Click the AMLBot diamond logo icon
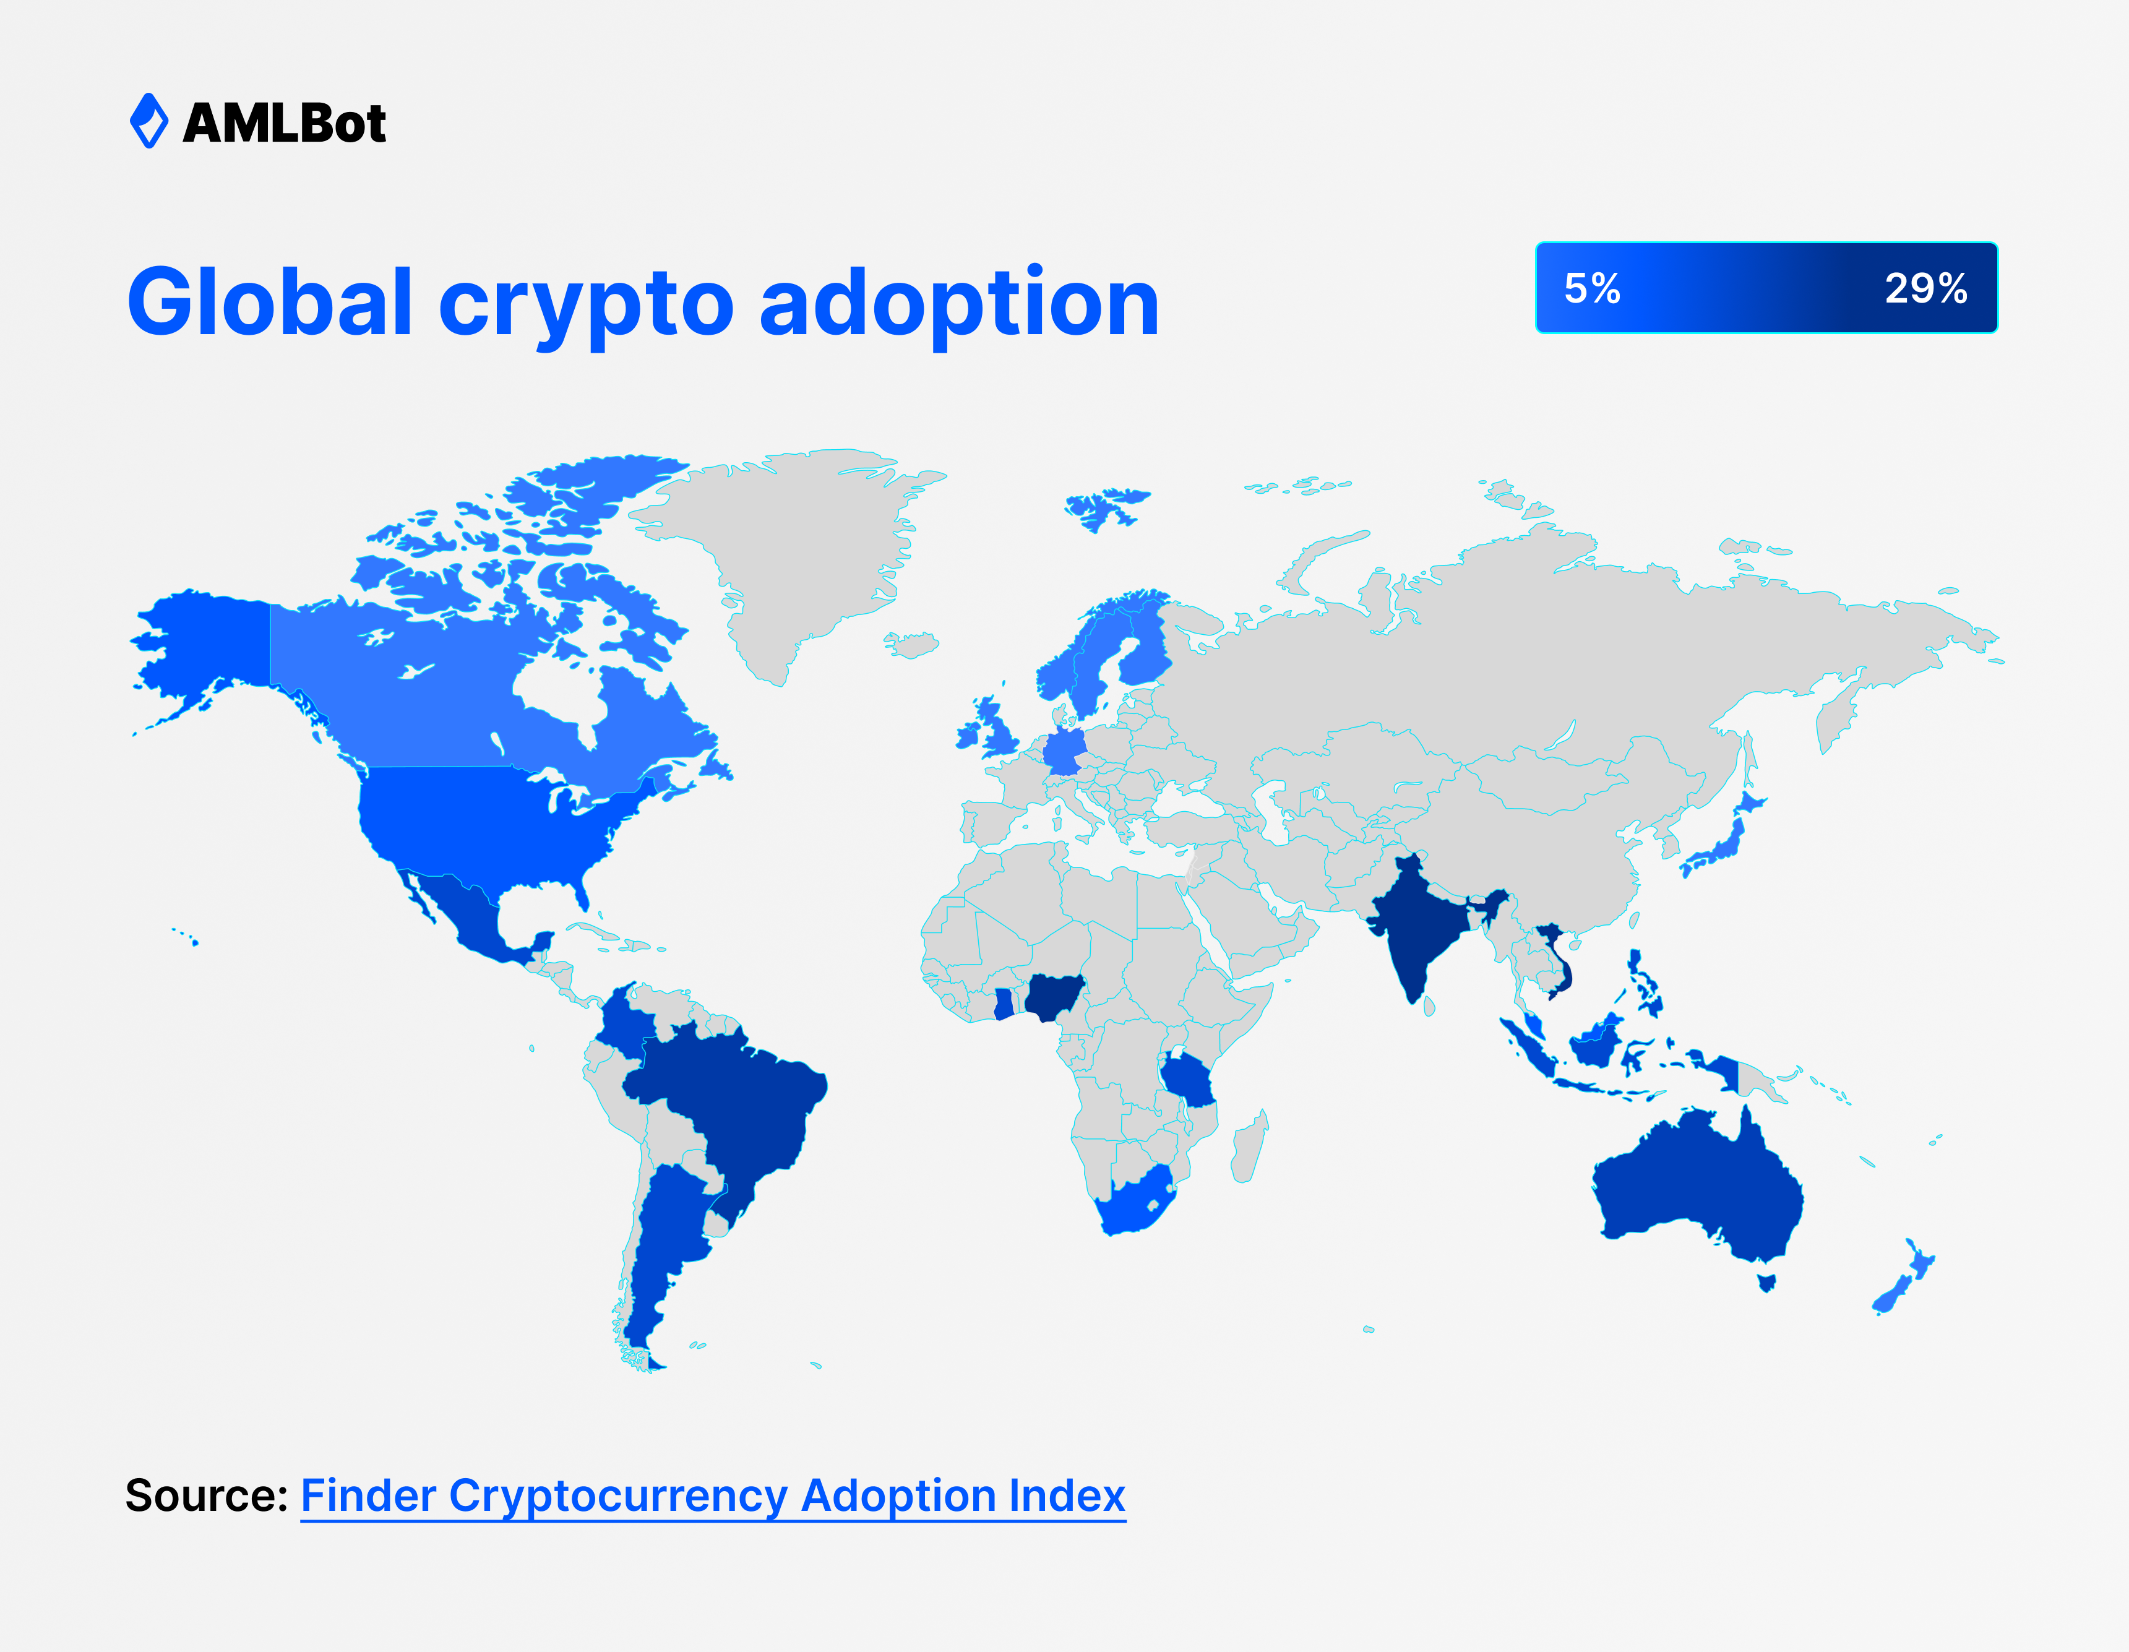149,121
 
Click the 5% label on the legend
1592,288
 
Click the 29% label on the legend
1926,288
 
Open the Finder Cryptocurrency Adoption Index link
713,1496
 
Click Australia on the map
1696,1189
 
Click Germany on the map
1064,751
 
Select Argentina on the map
663,1247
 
